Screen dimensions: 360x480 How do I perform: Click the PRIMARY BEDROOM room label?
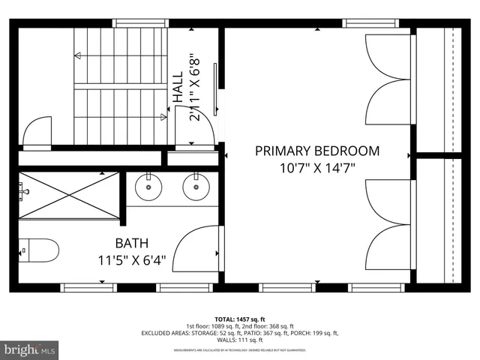tap(317, 151)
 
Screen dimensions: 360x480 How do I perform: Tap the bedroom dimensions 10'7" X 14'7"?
tap(317, 169)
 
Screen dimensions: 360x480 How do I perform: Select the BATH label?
tap(131, 243)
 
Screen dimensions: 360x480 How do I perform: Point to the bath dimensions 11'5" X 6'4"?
tap(131, 261)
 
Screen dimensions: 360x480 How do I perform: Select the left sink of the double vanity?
tap(148, 186)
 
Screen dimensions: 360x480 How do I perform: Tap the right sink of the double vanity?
tap(196, 186)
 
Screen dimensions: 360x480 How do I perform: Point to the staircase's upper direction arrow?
tap(120, 55)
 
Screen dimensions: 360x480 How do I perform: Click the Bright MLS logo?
tap(30, 349)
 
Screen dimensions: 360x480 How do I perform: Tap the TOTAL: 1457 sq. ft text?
tap(240, 319)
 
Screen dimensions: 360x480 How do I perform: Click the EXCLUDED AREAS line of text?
tap(240, 333)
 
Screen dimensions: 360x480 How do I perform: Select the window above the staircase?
tap(139, 23)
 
